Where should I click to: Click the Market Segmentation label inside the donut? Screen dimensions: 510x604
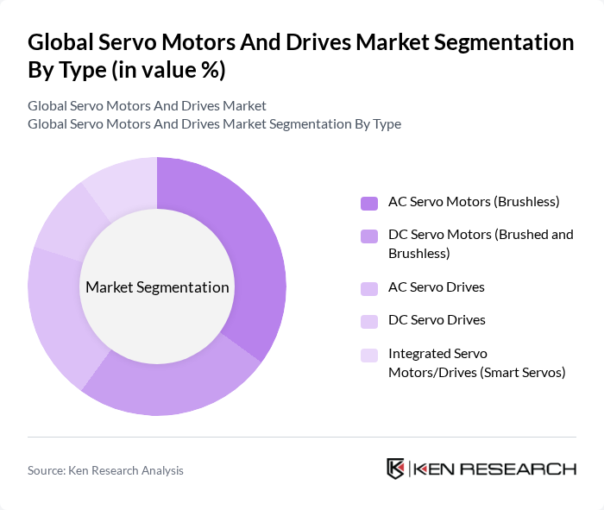(x=156, y=287)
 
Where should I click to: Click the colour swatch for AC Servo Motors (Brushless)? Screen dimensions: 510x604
(x=369, y=203)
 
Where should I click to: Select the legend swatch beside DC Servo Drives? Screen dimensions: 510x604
(x=369, y=321)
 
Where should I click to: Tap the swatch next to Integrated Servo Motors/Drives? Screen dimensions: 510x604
(x=369, y=355)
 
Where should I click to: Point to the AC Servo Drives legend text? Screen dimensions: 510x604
(x=436, y=286)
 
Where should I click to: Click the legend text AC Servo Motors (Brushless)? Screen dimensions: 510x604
(x=474, y=202)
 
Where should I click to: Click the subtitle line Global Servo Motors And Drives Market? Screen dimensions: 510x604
(x=147, y=106)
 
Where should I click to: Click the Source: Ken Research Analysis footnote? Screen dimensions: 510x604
(x=105, y=470)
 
